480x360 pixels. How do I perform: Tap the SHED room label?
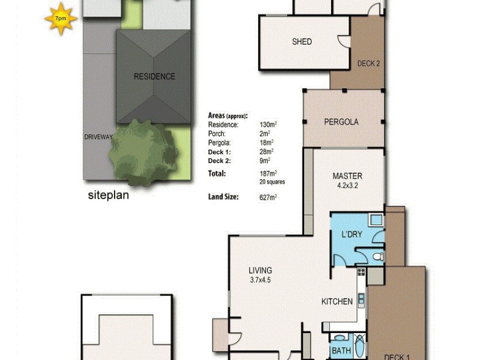302,41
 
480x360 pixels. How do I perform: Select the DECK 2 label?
368,64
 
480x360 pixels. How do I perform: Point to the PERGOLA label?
341,122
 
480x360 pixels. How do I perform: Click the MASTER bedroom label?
347,176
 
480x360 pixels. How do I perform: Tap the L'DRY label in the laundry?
351,234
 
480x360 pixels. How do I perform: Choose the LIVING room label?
260,270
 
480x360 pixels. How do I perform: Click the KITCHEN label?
337,301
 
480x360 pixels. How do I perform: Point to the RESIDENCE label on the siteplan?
154,76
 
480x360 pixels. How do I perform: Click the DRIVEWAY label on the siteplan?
98,137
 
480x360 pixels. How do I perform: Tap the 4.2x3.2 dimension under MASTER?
347,185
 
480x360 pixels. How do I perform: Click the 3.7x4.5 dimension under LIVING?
260,279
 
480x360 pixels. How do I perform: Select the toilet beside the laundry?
377,257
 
